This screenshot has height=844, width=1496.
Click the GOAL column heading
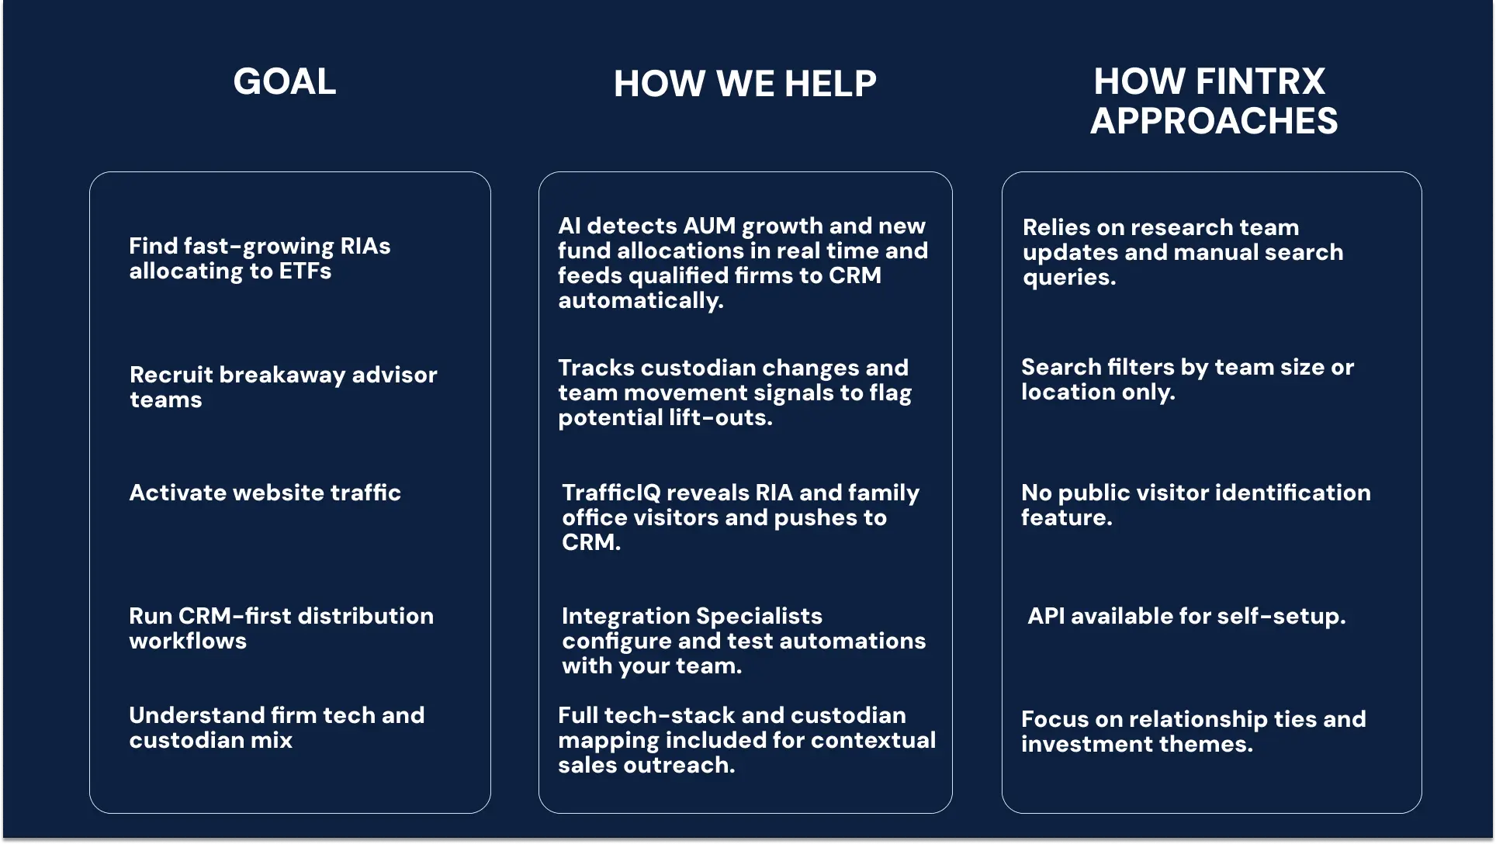[285, 81]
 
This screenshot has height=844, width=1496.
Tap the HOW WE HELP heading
[745, 84]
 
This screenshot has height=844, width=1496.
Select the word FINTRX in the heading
[1260, 81]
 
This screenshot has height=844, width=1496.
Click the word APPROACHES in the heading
[1214, 121]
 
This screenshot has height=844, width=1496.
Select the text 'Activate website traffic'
[265, 493]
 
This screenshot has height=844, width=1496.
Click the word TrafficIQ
[611, 493]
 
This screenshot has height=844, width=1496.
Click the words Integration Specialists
[691, 616]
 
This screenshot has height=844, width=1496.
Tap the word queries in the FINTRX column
[1068, 278]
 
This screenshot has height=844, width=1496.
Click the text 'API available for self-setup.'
[1186, 616]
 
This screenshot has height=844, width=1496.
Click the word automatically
[640, 301]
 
